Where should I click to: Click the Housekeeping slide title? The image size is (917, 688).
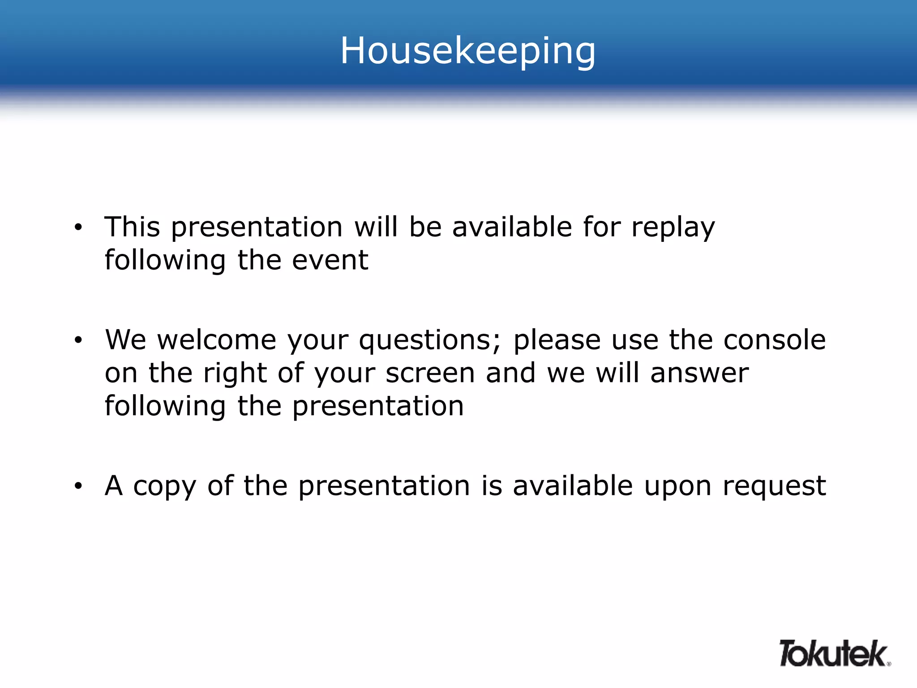[x=468, y=51]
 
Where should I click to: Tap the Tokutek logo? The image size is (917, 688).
[x=834, y=654]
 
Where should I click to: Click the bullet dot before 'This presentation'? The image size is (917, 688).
[x=78, y=228]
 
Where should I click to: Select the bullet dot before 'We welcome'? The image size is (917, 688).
[x=78, y=340]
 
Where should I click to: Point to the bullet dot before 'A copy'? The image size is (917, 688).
[x=78, y=486]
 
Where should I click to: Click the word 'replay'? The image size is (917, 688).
[x=673, y=228]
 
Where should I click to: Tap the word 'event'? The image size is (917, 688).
[x=330, y=260]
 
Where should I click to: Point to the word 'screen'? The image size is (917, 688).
[x=430, y=373]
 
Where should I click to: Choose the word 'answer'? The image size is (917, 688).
[x=699, y=373]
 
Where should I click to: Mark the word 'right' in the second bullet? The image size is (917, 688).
[x=235, y=374]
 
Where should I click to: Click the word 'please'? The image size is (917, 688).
[x=557, y=340]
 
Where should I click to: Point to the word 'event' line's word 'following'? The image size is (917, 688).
[x=165, y=261]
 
